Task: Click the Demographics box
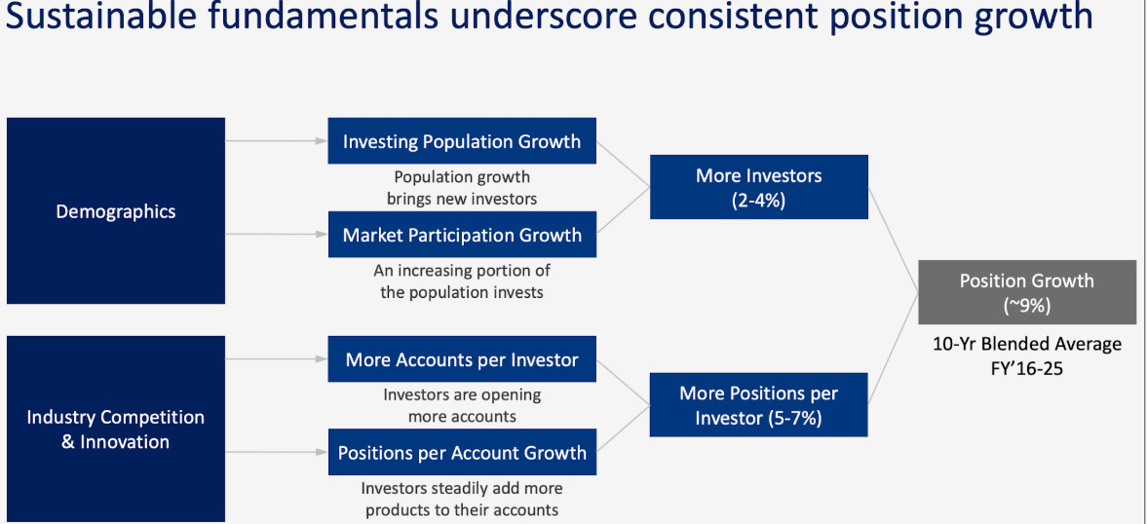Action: (116, 210)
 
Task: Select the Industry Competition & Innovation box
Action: (116, 430)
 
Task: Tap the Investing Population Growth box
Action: (462, 140)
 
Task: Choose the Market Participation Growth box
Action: (462, 235)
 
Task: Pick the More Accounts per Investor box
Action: (462, 358)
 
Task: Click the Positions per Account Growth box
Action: (462, 452)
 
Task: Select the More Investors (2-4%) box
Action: (758, 186)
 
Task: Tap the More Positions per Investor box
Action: (758, 405)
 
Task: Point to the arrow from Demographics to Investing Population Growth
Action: (277, 140)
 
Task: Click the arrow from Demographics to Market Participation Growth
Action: (277, 235)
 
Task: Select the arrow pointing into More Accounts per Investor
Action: (277, 358)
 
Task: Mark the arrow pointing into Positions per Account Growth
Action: (277, 452)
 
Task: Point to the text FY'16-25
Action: (1026, 368)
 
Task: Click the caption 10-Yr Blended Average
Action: (1027, 344)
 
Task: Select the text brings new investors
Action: (462, 198)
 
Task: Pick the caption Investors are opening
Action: (462, 394)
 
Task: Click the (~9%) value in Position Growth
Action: (1027, 306)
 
